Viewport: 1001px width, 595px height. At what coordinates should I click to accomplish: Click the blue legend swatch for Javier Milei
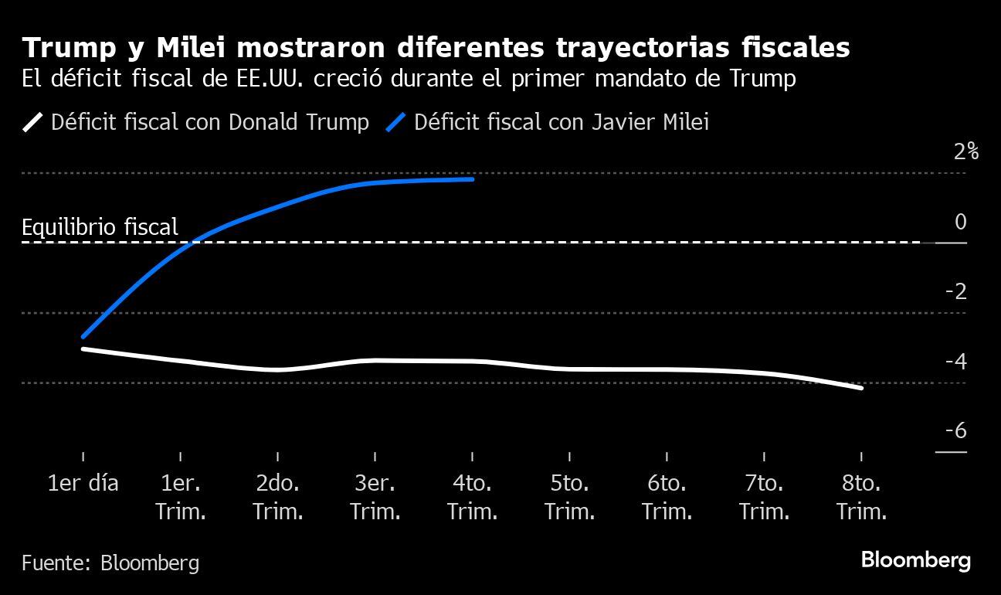coord(395,122)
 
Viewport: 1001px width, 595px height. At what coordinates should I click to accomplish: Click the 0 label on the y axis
coord(960,223)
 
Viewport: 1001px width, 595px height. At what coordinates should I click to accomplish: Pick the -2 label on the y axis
coord(955,292)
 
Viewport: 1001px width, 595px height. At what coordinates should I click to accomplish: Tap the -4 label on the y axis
coord(955,362)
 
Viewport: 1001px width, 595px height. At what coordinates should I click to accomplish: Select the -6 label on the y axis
coord(955,431)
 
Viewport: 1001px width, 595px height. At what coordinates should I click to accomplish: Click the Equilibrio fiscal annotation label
coord(100,227)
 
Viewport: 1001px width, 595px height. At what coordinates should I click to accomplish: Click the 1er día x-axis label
coord(83,484)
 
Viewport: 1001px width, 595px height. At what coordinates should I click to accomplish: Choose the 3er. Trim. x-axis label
coord(375,498)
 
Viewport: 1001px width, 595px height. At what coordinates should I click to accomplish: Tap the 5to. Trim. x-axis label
coord(569,498)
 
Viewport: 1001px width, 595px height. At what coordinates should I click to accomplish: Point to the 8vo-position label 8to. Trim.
coord(861,498)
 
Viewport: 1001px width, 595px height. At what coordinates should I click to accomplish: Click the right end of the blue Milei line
coord(472,179)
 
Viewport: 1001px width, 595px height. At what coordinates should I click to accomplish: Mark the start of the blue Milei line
coord(83,336)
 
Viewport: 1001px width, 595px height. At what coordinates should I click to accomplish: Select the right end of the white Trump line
coord(861,388)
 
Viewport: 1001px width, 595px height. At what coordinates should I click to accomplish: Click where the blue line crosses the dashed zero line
coord(195,243)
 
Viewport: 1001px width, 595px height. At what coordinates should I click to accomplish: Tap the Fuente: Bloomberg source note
coord(110,563)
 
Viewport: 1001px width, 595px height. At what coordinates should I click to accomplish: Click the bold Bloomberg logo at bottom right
coord(915,560)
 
